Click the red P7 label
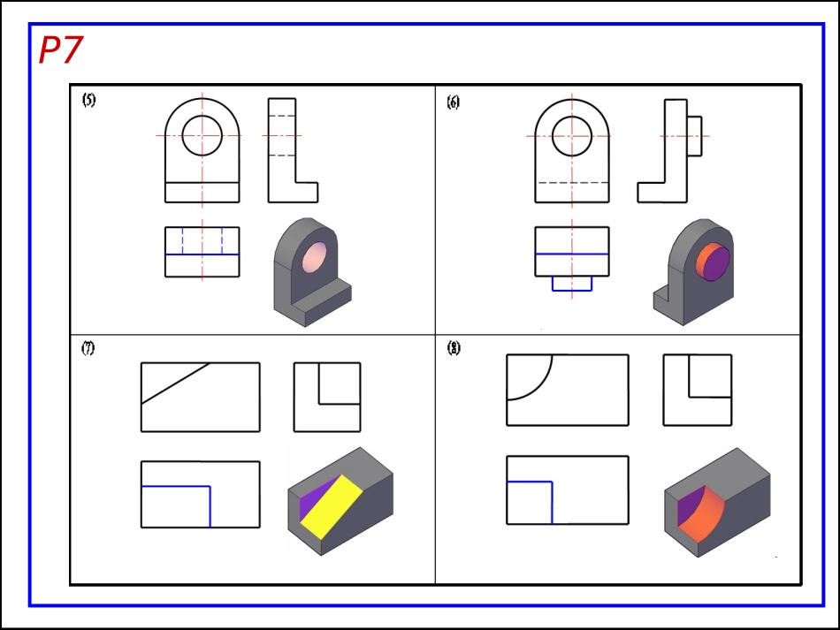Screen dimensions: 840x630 [60, 49]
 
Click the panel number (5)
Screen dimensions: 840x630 [89, 100]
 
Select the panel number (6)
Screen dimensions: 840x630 [454, 102]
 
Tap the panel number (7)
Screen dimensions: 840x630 [88, 348]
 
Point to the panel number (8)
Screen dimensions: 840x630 [454, 348]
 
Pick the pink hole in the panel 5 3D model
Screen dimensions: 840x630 [315, 258]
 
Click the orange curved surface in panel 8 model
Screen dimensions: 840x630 [703, 514]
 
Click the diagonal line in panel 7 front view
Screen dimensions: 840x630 [175, 383]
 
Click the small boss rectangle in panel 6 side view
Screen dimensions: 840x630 [694, 136]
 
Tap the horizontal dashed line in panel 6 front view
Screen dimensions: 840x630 [571, 183]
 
